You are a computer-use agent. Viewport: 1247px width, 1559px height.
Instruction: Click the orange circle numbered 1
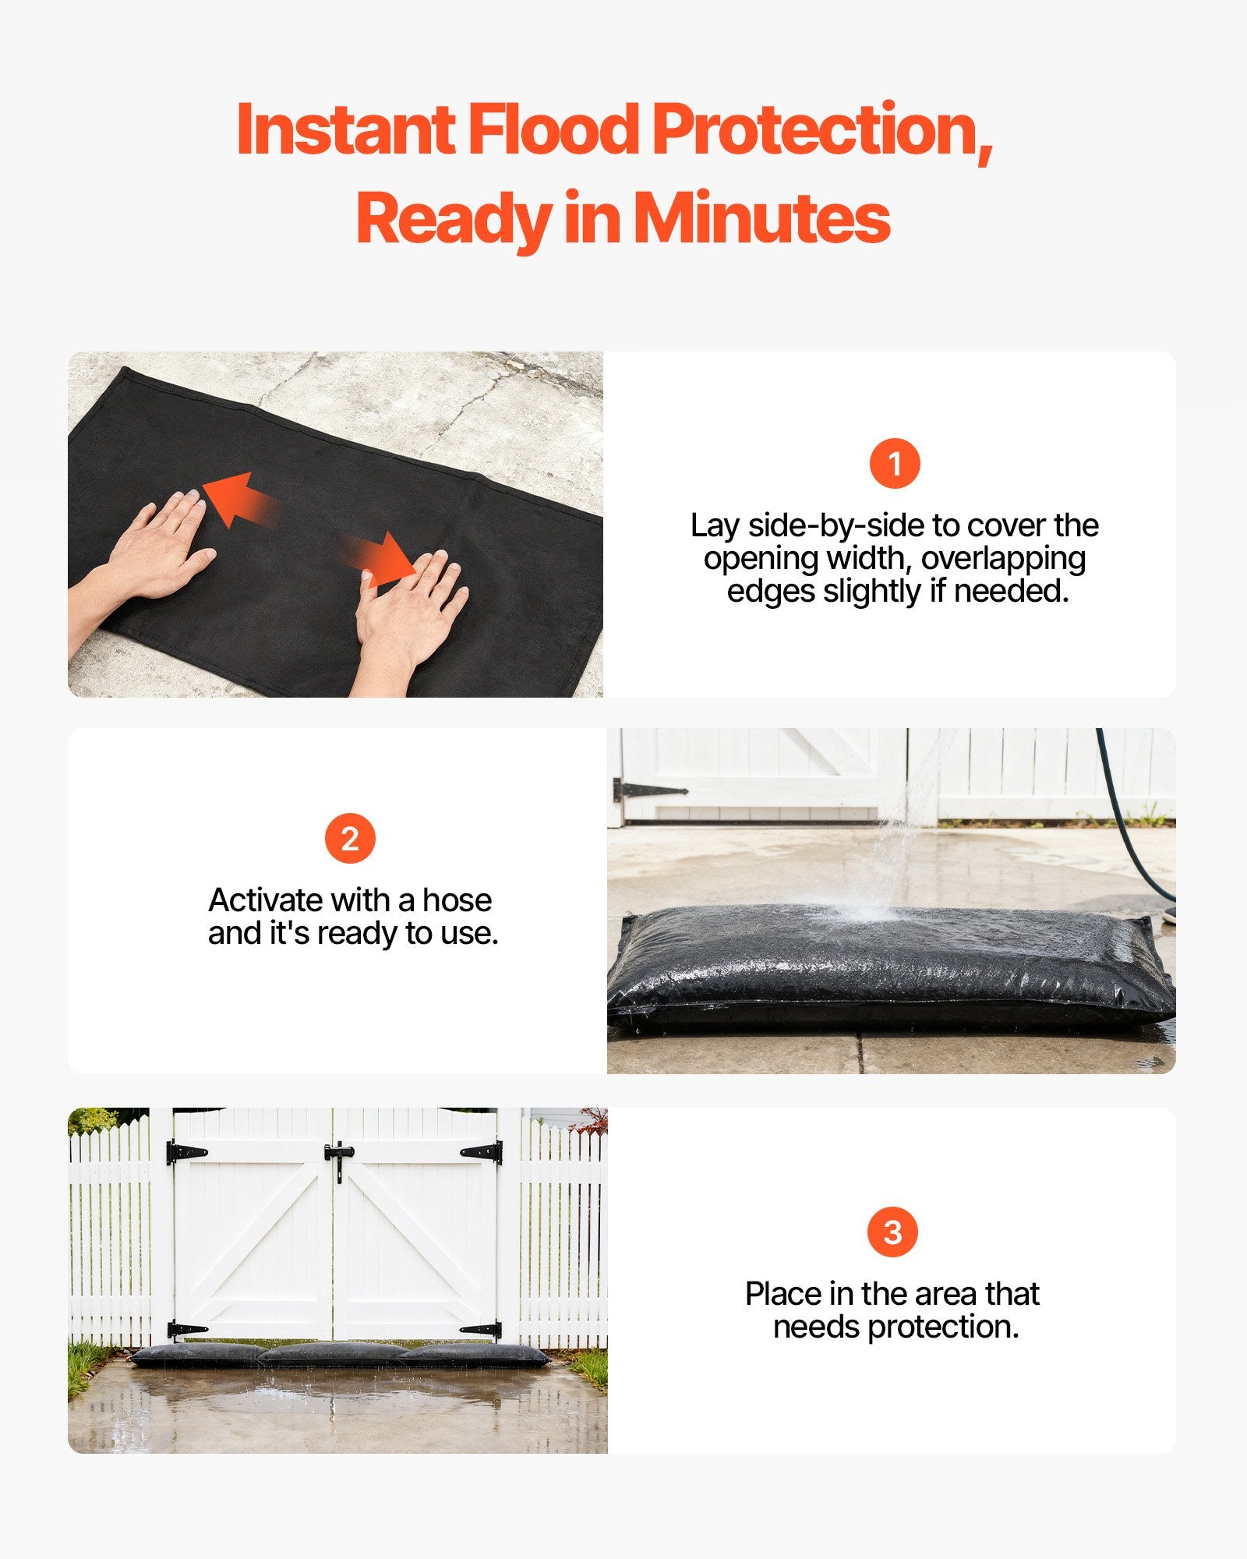click(x=895, y=464)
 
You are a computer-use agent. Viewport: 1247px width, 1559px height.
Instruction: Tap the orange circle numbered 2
click(x=350, y=839)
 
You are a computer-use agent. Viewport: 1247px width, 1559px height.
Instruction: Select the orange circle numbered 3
click(x=892, y=1232)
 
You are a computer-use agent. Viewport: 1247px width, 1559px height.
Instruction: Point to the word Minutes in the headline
click(x=761, y=219)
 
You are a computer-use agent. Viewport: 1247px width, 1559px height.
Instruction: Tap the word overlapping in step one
click(x=1004, y=558)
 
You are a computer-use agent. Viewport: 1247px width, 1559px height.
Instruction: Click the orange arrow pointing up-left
click(x=238, y=500)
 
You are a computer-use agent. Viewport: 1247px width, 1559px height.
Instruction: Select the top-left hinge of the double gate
click(x=185, y=1152)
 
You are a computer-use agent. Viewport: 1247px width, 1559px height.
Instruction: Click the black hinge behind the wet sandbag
click(x=647, y=791)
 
